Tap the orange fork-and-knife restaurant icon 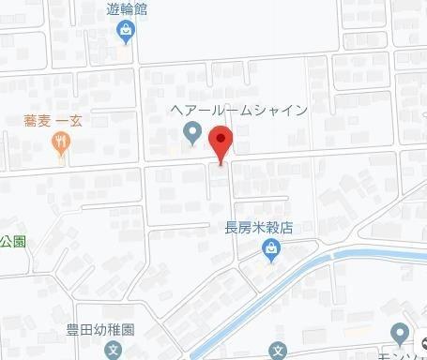coord(62,143)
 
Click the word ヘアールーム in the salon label coord(212,110)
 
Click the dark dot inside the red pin coord(221,140)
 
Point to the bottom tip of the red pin coord(221,163)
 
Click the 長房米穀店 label coord(259,227)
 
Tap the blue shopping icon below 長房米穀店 coord(270,248)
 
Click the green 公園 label coord(12,240)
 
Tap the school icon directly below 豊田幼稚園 coord(113,352)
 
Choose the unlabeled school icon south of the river coord(278,352)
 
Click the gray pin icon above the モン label coord(401,333)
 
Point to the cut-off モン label coord(404,353)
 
